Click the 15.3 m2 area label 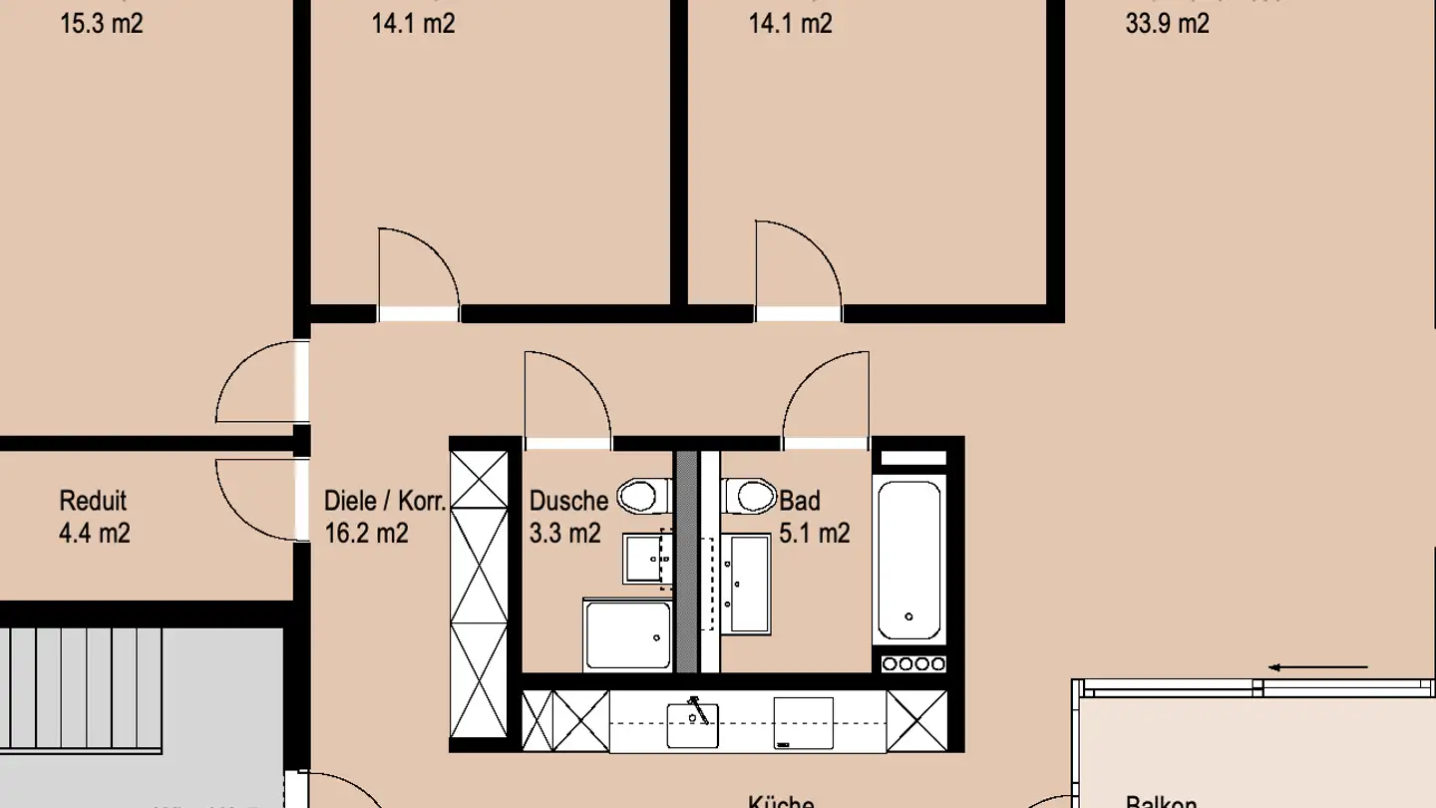pos(102,23)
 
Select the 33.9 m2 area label pos(1167,23)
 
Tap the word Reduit pos(93,501)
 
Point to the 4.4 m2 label pos(95,533)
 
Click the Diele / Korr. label pos(385,501)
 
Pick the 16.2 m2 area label pos(366,533)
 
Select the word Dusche pos(568,501)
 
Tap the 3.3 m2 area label pos(565,533)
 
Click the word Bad pos(800,501)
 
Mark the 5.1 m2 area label pos(815,533)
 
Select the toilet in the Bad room pos(751,494)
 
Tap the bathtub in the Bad pos(907,560)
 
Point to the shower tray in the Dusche pos(628,634)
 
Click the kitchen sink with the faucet pos(692,723)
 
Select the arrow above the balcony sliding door pos(1318,667)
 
